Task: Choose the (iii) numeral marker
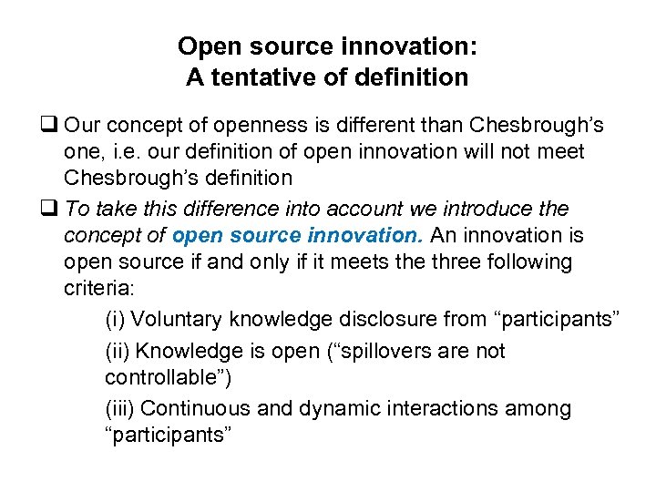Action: (120, 409)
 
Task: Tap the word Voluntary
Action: (178, 319)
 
